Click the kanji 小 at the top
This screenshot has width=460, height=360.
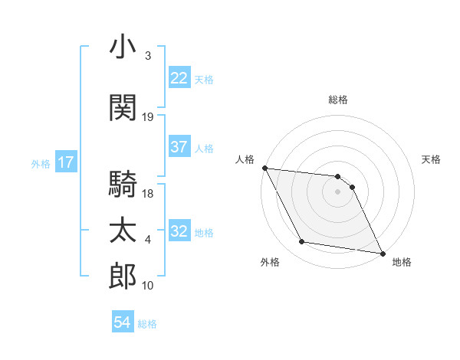[123, 47]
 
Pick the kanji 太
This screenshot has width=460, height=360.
[123, 230]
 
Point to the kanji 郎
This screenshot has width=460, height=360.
[123, 275]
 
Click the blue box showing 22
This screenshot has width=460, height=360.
[179, 78]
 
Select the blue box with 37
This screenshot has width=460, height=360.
[179, 147]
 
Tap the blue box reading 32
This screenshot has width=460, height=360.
[179, 232]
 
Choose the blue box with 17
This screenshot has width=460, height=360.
[65, 162]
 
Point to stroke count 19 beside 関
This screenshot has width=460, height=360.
[148, 117]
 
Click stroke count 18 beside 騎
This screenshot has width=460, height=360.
[148, 194]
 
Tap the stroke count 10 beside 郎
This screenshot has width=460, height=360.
[148, 286]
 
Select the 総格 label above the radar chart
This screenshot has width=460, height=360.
[338, 100]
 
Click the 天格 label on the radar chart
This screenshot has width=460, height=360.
[431, 159]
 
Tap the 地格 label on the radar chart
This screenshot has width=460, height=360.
[402, 262]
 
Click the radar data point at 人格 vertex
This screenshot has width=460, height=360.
[264, 169]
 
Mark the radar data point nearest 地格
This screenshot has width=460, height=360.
[382, 252]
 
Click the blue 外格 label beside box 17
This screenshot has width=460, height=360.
[40, 163]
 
